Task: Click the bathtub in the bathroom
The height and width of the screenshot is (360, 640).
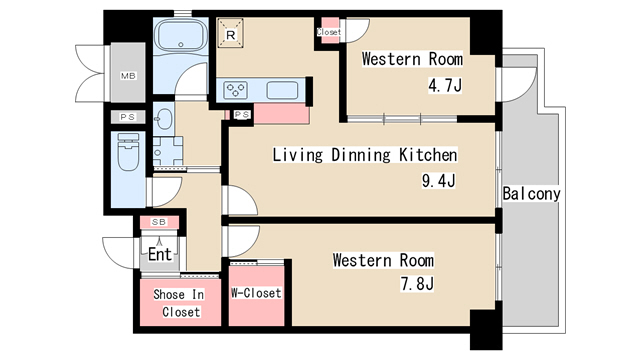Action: coord(181,36)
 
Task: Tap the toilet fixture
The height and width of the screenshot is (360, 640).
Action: coord(128,152)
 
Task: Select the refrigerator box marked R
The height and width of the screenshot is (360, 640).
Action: coord(230,33)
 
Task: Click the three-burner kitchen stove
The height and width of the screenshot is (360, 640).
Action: coord(236,90)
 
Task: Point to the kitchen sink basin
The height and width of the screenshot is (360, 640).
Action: coord(282,90)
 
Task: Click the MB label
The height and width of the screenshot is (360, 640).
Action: coord(128,76)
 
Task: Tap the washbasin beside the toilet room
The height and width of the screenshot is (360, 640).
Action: coord(163,118)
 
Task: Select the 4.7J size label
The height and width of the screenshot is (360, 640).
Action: coord(445,86)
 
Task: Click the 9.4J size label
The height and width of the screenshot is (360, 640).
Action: coord(439,180)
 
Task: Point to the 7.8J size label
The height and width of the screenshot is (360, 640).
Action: coord(417,283)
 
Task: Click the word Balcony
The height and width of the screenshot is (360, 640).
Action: coord(531,194)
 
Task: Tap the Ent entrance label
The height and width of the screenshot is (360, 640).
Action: coord(160,254)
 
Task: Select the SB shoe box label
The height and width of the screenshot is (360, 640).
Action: coord(159,222)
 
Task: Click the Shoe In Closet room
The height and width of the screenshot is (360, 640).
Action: coord(180,302)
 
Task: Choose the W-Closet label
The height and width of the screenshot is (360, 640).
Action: coord(256,293)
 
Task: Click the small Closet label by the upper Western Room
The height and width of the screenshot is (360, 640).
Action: coord(329,32)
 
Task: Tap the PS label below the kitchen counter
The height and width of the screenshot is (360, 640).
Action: coord(242,115)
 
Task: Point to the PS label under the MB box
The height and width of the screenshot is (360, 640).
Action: coord(128,117)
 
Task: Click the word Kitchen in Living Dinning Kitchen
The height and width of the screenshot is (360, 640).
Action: coord(428,155)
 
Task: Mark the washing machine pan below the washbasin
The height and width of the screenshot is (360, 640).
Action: coord(168,151)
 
